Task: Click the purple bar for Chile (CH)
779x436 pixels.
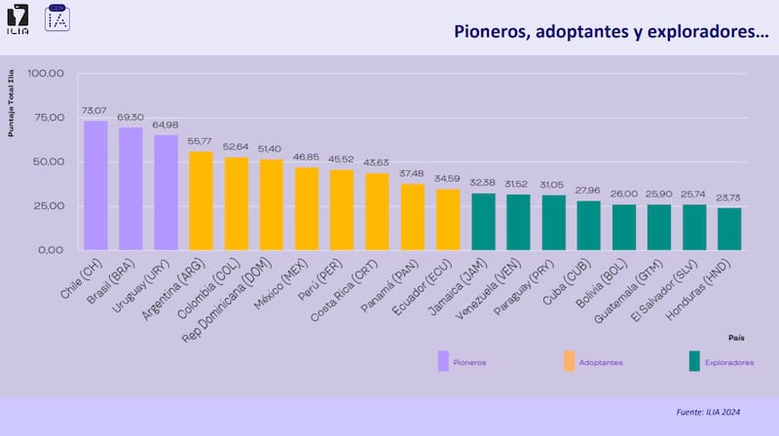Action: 95,185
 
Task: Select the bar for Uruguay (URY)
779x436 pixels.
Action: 167,192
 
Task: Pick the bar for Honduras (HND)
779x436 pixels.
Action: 729,229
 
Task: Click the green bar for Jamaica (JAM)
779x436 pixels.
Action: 483,221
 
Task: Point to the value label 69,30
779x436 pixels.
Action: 130,118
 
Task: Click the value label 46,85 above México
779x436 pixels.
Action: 307,158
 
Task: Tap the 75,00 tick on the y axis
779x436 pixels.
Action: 48,117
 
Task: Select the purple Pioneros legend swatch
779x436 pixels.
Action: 444,361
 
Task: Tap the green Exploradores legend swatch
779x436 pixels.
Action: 693,361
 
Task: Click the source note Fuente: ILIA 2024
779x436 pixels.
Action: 709,412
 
